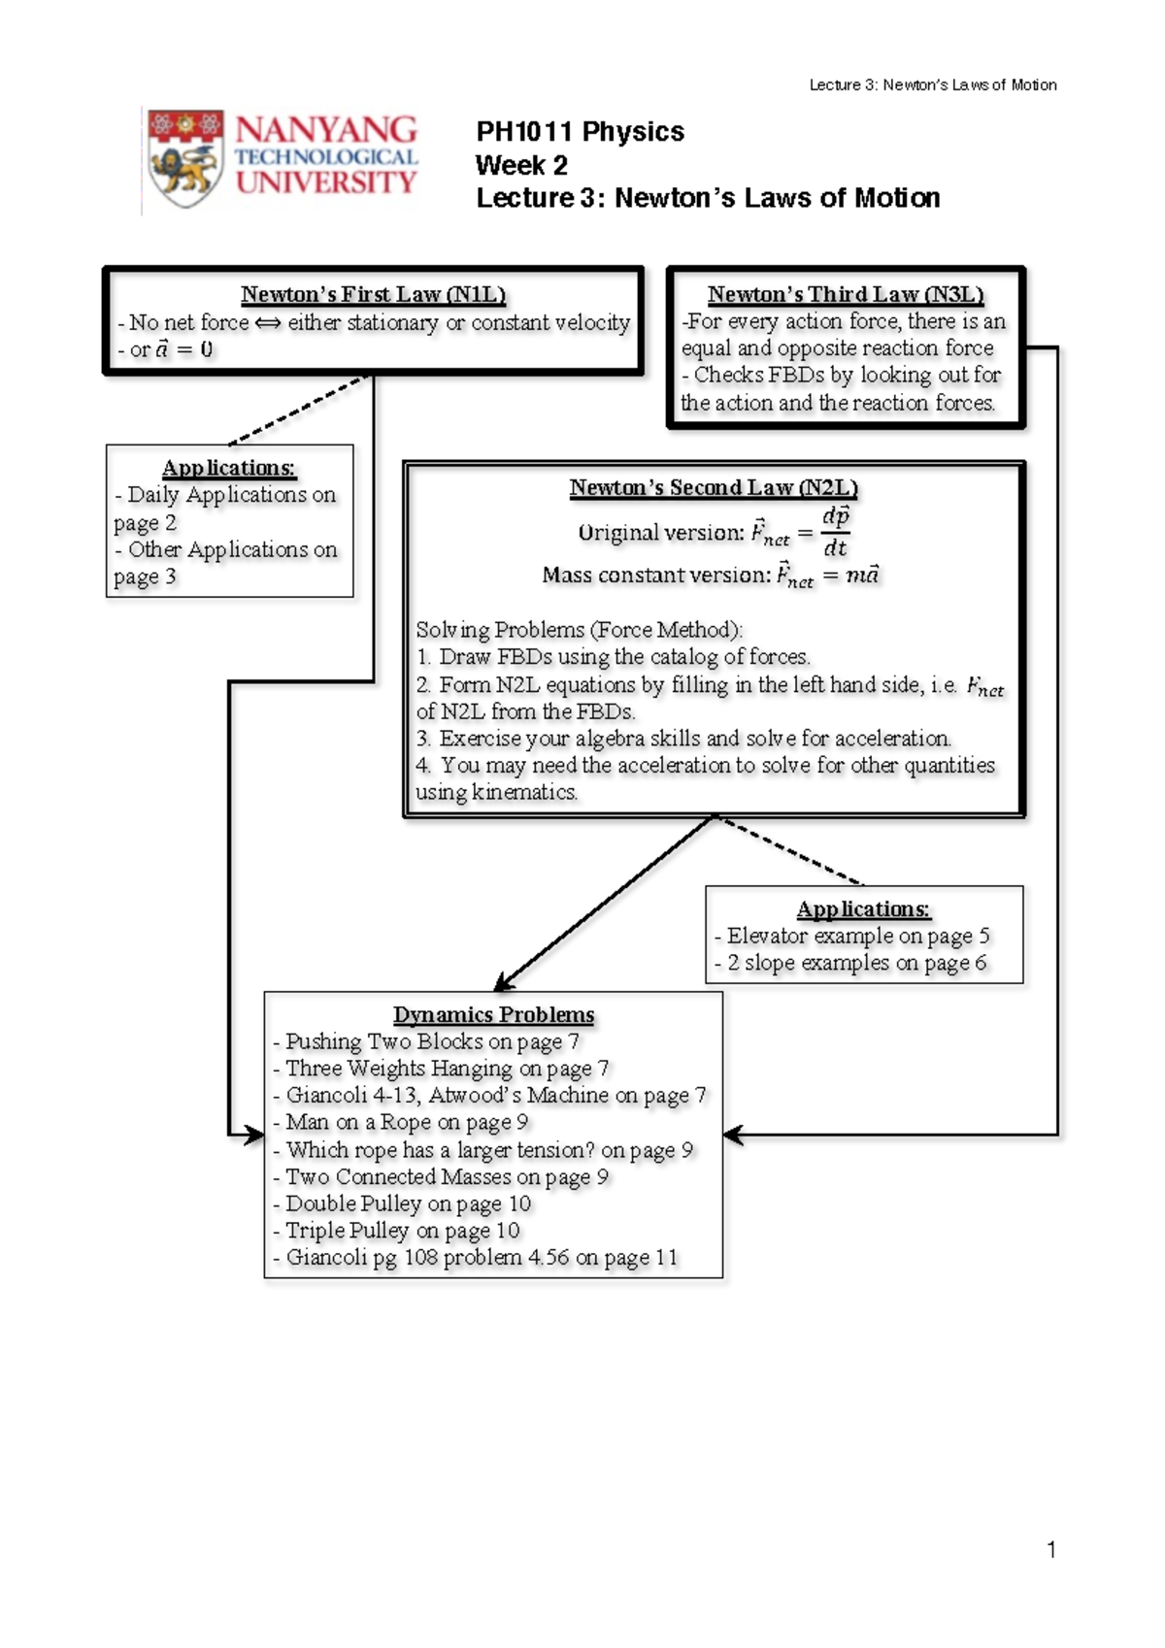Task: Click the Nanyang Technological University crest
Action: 185,158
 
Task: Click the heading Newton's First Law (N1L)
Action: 373,294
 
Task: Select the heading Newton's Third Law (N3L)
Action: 845,294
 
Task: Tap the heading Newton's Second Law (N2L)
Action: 714,487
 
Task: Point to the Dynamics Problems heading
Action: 493,1015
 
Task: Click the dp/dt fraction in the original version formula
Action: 835,531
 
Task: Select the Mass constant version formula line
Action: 710,576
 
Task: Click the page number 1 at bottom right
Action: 1051,1550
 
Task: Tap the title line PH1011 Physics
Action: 580,132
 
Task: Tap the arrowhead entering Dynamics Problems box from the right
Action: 733,1135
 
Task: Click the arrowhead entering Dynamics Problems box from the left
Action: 254,1135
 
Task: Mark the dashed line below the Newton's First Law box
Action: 296,412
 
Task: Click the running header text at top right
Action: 933,85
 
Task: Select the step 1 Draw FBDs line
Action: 614,657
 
